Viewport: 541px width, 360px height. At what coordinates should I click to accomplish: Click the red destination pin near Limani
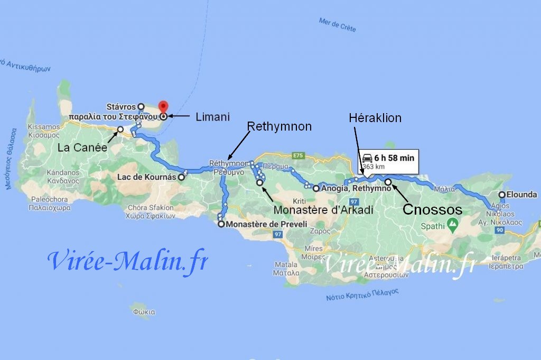click(x=163, y=107)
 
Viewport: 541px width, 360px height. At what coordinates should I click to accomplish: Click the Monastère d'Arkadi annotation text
click(x=323, y=210)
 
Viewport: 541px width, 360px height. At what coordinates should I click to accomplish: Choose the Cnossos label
click(x=432, y=209)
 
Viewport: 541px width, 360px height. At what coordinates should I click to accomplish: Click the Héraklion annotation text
click(x=375, y=118)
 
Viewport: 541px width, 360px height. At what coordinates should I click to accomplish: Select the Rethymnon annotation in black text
click(x=279, y=126)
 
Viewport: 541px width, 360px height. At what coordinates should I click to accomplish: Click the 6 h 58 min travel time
click(x=394, y=158)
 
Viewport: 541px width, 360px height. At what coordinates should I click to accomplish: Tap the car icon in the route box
click(x=367, y=158)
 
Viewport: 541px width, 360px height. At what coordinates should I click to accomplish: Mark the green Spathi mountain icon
click(x=452, y=225)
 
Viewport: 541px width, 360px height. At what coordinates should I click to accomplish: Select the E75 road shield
click(x=299, y=155)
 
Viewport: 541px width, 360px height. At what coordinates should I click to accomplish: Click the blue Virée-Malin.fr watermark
click(x=127, y=261)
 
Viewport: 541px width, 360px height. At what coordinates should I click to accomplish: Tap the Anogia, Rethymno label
click(x=355, y=188)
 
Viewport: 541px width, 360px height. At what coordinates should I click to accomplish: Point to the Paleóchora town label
click(x=50, y=199)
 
